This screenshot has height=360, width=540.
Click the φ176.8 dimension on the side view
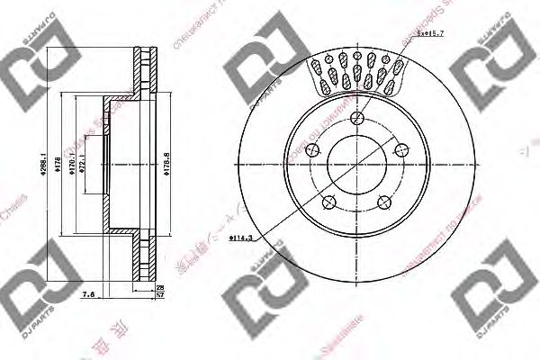tap(168, 166)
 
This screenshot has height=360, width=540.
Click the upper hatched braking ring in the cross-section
tap(141, 72)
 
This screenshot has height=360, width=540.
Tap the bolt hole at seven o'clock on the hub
tap(328, 202)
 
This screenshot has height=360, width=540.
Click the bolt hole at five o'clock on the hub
tap(382, 202)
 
